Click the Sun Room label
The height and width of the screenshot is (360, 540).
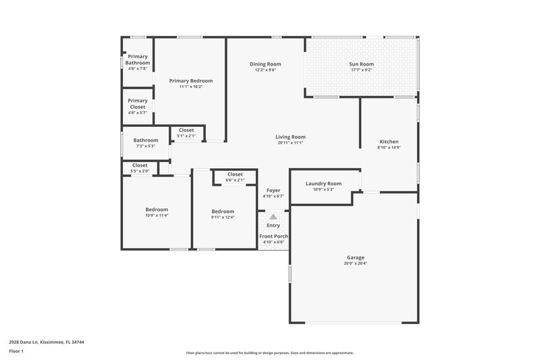(x=362, y=64)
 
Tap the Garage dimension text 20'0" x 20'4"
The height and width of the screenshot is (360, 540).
(x=356, y=263)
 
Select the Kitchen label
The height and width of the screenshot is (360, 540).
(x=389, y=142)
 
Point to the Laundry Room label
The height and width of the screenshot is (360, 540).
(x=323, y=184)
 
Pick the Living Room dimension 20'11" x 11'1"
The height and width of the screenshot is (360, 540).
(x=291, y=143)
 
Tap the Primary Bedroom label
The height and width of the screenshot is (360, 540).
(x=186, y=80)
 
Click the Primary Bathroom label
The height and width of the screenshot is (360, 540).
(x=138, y=59)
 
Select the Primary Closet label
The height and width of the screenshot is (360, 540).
(x=138, y=103)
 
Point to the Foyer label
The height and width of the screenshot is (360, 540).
(x=273, y=190)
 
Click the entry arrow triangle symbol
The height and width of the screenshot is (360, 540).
(x=273, y=217)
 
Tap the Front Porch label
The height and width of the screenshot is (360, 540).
(x=273, y=236)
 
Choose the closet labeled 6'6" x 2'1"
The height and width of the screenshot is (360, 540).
(x=235, y=174)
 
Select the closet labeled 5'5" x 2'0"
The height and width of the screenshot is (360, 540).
(x=140, y=165)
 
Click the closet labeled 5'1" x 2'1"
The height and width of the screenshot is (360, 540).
(x=186, y=130)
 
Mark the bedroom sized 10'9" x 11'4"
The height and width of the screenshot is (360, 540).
(x=157, y=209)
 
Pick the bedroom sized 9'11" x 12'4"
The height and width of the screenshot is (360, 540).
(x=223, y=211)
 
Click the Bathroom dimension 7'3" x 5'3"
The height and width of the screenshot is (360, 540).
(x=145, y=146)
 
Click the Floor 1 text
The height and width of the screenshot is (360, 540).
(x=16, y=352)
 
